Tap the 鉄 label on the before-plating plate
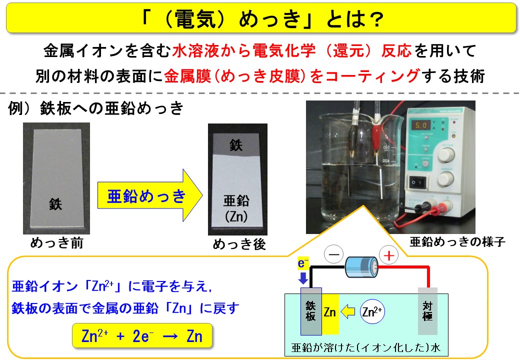[x=55, y=204]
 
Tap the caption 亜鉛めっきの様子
[x=457, y=242]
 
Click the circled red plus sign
[x=388, y=255]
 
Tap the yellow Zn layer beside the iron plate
[x=330, y=312]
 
